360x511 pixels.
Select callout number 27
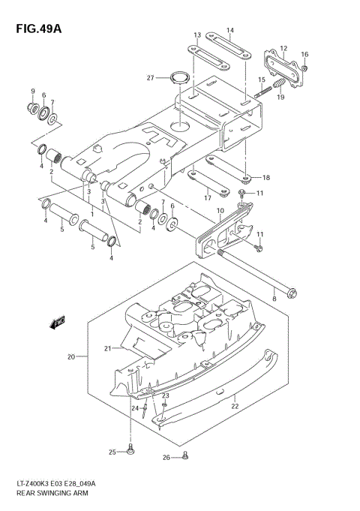coord(150,78)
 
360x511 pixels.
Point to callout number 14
coord(230,30)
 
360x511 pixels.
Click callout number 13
coord(197,35)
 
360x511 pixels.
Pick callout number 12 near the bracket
coord(283,49)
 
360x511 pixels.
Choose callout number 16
coord(304,54)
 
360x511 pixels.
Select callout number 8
coord(274,299)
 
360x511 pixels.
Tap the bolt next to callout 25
coord(131,450)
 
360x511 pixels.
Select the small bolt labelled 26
coord(185,455)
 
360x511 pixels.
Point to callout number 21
coord(108,348)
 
